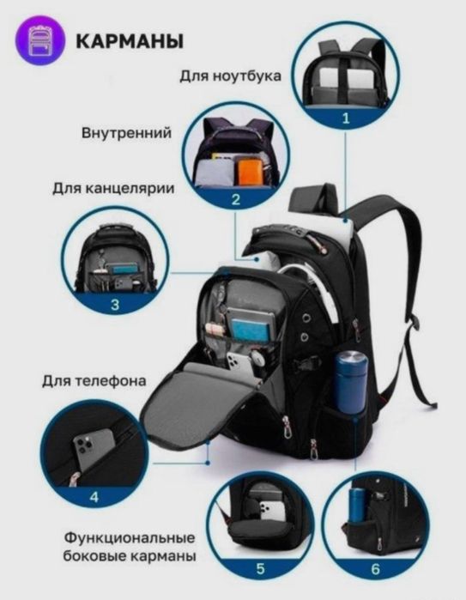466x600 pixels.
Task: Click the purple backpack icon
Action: (40, 41)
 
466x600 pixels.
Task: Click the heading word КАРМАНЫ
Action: (129, 41)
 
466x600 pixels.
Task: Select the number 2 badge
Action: (235, 200)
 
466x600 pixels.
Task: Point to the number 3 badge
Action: (114, 303)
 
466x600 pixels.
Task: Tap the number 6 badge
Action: (374, 567)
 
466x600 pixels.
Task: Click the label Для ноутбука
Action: (231, 76)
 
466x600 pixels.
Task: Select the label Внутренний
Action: (127, 134)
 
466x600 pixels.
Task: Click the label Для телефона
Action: (92, 381)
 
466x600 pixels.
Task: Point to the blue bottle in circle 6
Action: (360, 511)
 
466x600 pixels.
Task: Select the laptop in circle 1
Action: (343, 82)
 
